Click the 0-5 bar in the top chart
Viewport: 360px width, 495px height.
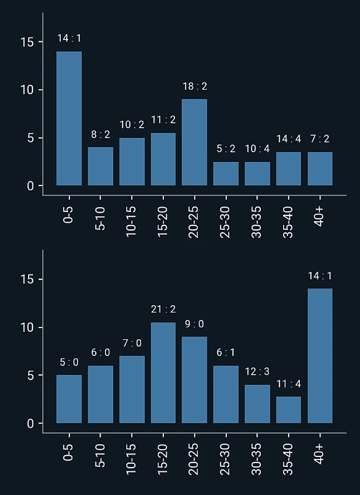(x=69, y=118)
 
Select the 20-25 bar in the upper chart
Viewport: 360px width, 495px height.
(x=194, y=142)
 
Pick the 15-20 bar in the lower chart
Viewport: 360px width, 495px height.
(x=163, y=373)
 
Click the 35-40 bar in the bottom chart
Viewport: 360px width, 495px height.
(x=288, y=410)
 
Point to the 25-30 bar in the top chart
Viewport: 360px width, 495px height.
(x=226, y=174)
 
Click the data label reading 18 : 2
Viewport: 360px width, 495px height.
(x=195, y=87)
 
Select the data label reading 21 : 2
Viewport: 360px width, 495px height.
(x=163, y=310)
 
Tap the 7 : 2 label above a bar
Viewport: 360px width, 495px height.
(x=320, y=139)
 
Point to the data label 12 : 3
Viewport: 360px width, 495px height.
(x=257, y=372)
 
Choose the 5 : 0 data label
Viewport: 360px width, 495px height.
(x=69, y=362)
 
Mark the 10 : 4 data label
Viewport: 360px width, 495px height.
(x=257, y=148)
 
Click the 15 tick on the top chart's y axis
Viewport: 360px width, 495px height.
(x=28, y=42)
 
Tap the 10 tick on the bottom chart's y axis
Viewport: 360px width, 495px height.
(x=28, y=328)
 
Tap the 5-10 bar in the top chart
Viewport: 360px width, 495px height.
(x=101, y=166)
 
